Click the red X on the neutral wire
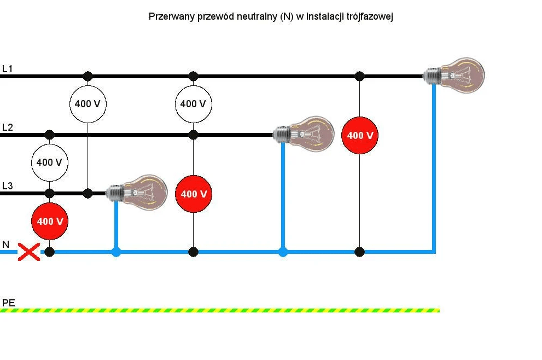[29, 252]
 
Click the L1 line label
[7, 69]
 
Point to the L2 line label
[7, 127]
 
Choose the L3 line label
[7, 186]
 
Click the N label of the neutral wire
[5, 245]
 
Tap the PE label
[8, 303]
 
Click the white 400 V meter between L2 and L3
[49, 163]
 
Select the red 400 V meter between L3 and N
[50, 222]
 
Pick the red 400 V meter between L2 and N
[193, 194]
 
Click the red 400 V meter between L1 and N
[360, 135]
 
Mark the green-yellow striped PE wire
[219, 310]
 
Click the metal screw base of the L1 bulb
[433, 74]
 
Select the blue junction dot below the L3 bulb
[116, 252]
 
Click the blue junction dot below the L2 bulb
[283, 252]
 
